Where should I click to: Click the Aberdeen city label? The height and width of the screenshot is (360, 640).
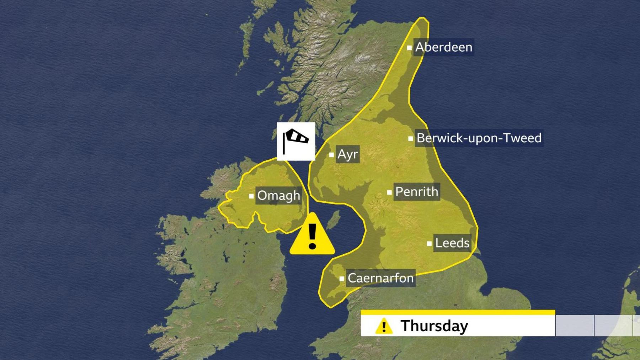click(444, 47)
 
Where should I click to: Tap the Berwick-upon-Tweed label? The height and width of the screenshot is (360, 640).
click(479, 138)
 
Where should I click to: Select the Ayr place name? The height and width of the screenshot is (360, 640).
click(347, 154)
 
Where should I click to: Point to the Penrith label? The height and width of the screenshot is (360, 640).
click(416, 192)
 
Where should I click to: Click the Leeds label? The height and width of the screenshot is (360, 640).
click(452, 243)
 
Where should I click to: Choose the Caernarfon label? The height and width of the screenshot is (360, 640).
click(380, 278)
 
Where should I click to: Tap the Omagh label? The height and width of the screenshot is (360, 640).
click(278, 195)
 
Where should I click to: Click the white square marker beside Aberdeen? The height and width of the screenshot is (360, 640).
click(409, 47)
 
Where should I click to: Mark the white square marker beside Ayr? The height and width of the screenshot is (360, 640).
click(331, 155)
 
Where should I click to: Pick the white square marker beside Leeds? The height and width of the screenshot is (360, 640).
click(429, 244)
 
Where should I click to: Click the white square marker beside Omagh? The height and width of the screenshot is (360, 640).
click(251, 196)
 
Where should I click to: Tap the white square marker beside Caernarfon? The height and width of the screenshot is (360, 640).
click(342, 279)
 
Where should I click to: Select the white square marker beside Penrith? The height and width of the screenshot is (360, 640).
click(389, 192)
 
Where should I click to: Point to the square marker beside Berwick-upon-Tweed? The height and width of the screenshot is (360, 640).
click(411, 138)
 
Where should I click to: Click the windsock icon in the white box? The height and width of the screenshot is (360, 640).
click(296, 141)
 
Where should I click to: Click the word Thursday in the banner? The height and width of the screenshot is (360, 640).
click(434, 326)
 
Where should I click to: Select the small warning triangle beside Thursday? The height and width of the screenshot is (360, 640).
click(384, 326)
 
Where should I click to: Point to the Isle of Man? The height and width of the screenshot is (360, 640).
click(333, 220)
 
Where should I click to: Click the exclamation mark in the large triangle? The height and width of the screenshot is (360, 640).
click(312, 236)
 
